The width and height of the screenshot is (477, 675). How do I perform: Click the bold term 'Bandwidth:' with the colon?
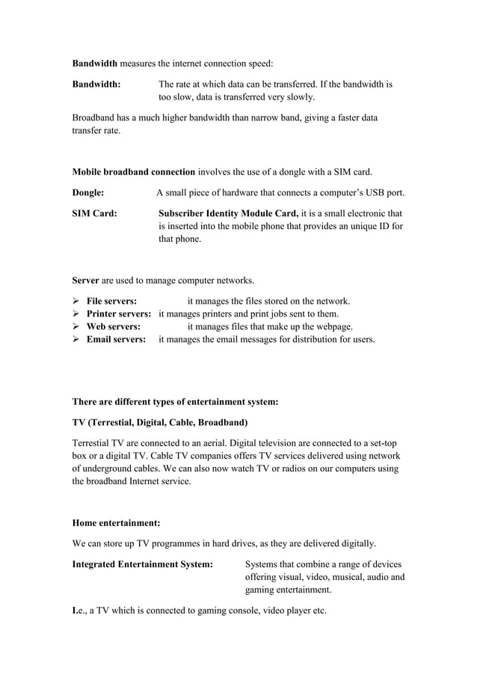point(96,85)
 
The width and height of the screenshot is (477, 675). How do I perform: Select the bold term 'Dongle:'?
point(87,192)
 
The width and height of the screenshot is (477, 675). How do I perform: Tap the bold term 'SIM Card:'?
point(94,213)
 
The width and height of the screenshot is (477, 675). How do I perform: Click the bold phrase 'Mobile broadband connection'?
point(133,171)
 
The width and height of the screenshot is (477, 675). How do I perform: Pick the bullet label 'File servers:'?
point(111,301)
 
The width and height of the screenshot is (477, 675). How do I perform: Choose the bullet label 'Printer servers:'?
point(119,314)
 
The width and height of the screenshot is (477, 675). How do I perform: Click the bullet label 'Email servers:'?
point(116,339)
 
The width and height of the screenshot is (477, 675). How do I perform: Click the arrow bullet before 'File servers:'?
point(76,301)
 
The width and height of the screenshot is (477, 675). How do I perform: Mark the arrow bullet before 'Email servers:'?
point(76,339)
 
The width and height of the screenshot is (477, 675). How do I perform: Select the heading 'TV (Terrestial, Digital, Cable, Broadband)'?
point(159,422)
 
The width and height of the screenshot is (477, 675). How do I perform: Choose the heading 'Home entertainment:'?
point(116,522)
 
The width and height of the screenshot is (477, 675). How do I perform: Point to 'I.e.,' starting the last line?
point(80,610)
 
